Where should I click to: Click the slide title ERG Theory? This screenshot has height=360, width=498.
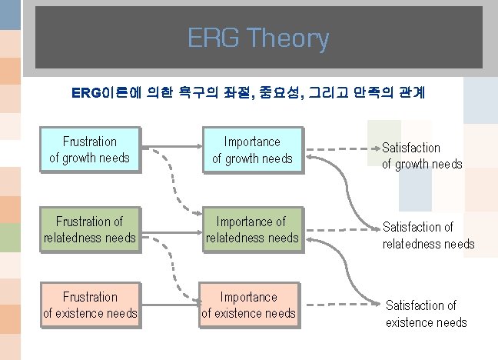(258, 38)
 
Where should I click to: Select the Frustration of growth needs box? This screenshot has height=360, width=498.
(90, 150)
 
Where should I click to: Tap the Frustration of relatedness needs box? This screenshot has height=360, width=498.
(90, 229)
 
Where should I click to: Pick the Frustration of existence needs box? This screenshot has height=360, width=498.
(90, 305)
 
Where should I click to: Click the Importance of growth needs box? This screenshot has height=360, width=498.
(252, 150)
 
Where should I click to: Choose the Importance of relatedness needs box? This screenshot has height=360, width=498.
(252, 229)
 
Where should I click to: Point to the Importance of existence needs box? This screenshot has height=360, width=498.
(248, 305)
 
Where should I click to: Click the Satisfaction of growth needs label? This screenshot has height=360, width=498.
(422, 155)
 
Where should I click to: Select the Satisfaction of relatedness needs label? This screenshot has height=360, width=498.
(428, 235)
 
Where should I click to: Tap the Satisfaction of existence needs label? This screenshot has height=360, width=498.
(426, 314)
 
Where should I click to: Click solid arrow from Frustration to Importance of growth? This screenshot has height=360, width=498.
(171, 142)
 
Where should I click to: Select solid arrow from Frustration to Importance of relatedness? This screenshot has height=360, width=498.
(171, 229)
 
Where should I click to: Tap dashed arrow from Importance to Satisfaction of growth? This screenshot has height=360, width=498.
(338, 147)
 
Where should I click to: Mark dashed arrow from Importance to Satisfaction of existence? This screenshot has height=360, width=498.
(338, 299)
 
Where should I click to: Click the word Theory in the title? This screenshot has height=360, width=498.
(290, 38)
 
